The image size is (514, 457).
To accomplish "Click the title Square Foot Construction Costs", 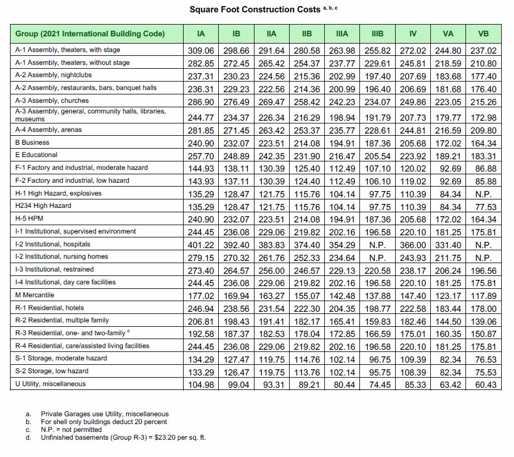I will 254,9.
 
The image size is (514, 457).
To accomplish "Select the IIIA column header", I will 342,34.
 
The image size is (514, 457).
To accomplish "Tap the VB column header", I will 483,34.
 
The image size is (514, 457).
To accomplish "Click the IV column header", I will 413,34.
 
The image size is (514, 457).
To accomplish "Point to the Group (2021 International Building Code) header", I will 90,34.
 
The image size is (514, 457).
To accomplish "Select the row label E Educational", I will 36,155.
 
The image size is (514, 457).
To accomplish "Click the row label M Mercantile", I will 35,295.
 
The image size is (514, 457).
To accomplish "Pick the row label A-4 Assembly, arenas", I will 49,130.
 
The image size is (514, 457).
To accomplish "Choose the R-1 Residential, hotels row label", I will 50,308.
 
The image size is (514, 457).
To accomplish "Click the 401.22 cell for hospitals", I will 201,244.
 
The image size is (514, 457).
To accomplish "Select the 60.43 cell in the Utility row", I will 483,384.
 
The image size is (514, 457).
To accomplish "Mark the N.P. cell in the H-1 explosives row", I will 483,193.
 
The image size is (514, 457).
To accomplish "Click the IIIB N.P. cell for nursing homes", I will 377,257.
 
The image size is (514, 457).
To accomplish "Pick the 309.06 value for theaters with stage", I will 201,50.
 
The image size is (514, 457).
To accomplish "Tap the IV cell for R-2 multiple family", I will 413,321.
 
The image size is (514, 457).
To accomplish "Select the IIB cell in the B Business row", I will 306,142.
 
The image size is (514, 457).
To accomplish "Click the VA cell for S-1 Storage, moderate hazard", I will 448,359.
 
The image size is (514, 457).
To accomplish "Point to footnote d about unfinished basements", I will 123,437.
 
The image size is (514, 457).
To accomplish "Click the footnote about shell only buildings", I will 104,422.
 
